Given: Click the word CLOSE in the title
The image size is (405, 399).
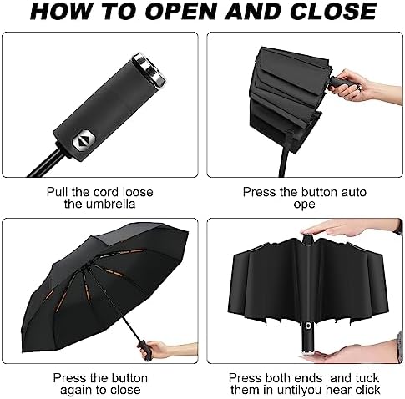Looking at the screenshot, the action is coord(333,12).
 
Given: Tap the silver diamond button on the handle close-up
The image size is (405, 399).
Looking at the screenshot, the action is coord(84,141).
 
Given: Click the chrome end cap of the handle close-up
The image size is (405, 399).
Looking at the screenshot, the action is coord(149,70).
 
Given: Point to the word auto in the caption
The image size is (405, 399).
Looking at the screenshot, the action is coord(353,192).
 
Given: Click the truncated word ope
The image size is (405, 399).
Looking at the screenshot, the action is coord(304,205).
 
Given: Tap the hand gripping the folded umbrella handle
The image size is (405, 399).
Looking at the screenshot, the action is coord(362,84).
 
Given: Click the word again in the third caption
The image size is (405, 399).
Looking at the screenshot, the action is coord(76,391).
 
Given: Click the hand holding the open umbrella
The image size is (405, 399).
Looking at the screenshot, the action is coord(167,351).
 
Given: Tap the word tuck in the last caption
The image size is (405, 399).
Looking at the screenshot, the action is coord(367,378).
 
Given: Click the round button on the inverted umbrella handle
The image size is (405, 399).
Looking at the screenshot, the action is coord(308,326).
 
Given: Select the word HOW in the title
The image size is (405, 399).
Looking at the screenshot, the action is coord(61,12).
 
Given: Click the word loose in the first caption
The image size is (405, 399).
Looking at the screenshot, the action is coord(138,192).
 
